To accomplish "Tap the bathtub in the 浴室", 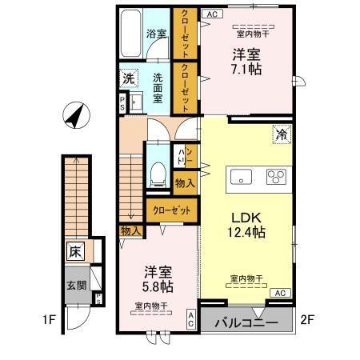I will (131, 32).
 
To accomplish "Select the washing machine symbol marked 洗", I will (128, 78).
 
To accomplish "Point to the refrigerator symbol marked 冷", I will (282, 134).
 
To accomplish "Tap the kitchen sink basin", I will (239, 177).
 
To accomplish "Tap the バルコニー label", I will (247, 324).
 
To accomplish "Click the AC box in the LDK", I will (281, 294).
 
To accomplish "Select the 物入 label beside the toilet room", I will (184, 184).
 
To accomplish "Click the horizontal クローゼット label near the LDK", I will (171, 211).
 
